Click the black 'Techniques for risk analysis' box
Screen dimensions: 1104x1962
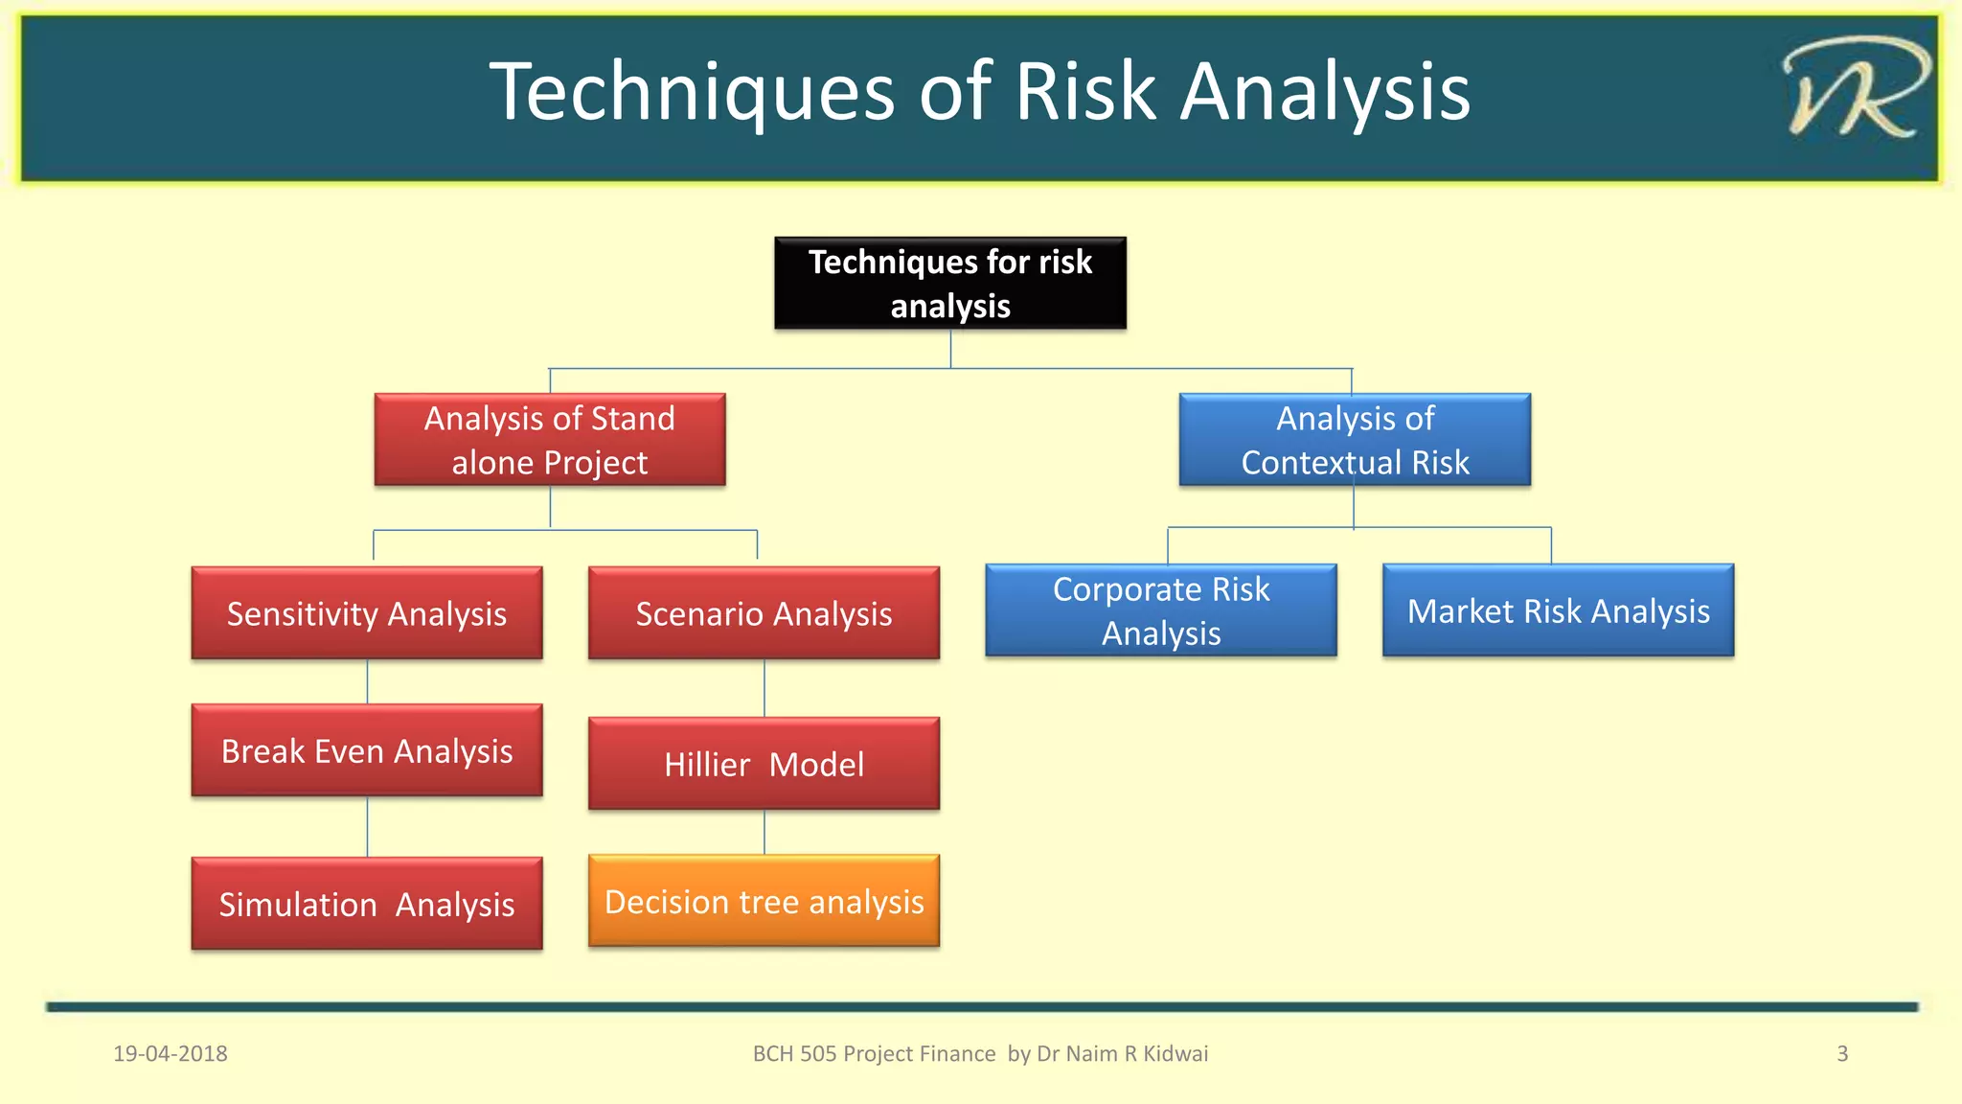(x=949, y=284)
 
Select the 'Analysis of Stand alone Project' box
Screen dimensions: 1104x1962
(x=550, y=440)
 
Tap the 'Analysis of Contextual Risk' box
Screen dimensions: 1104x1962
(x=1355, y=440)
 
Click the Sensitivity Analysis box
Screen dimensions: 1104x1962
(x=367, y=613)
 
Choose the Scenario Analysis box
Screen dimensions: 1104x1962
(x=764, y=613)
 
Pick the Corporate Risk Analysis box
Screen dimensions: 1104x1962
(x=1161, y=610)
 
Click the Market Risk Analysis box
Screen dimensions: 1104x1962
(x=1558, y=610)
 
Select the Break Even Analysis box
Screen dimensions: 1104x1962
(x=367, y=750)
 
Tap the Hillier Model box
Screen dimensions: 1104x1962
(x=764, y=764)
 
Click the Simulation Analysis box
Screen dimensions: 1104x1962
(x=367, y=904)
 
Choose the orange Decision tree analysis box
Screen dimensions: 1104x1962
(x=764, y=901)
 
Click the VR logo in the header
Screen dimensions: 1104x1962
(x=1854, y=88)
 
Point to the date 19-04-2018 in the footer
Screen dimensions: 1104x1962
(x=171, y=1053)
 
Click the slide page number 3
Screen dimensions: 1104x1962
(x=1841, y=1053)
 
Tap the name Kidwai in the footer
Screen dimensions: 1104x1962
(x=1175, y=1053)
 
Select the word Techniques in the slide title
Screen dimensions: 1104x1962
(x=692, y=92)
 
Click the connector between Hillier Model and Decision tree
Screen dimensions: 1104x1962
(x=764, y=832)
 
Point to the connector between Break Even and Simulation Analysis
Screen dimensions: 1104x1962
(x=368, y=826)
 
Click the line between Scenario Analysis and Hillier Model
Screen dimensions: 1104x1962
(x=764, y=687)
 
